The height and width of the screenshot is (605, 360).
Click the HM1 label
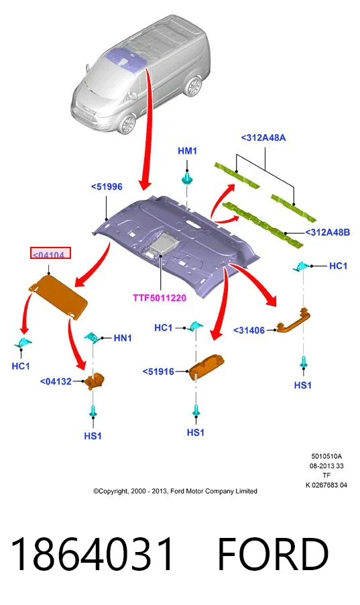[x=187, y=151]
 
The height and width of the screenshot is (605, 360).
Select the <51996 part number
[x=107, y=186]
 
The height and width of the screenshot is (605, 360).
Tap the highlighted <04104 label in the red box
[x=50, y=254]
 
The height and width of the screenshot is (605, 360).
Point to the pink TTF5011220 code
[x=160, y=298]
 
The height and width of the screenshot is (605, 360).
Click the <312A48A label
[x=263, y=137]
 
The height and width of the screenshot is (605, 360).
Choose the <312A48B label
[x=328, y=232]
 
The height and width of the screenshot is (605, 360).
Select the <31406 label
[x=249, y=330]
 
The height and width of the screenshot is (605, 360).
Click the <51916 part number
[x=159, y=372]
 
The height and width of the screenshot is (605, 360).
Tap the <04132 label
[x=56, y=382]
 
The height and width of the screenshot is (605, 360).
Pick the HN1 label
[x=123, y=338]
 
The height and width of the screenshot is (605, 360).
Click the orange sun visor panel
[x=58, y=296]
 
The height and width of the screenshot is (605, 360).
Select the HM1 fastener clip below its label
[x=187, y=178]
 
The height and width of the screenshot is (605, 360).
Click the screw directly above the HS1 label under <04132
[x=93, y=410]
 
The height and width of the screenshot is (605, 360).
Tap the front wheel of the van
[x=127, y=123]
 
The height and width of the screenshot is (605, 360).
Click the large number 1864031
[x=93, y=554]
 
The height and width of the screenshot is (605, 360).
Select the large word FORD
[x=273, y=554]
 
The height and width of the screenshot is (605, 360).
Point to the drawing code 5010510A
[x=326, y=457]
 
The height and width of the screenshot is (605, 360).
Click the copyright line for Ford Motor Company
[x=175, y=491]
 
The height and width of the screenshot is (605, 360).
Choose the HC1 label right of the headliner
[x=338, y=266]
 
